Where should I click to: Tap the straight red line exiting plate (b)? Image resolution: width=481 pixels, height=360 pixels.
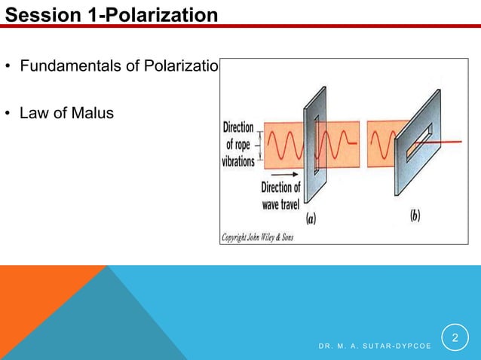click(x=452, y=142)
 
